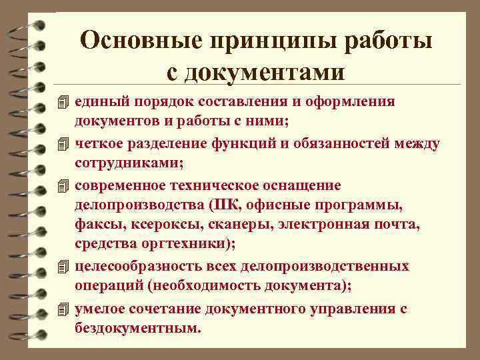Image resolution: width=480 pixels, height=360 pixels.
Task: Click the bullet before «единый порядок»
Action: pos(63,102)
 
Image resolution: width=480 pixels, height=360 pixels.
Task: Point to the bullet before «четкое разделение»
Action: pos(63,143)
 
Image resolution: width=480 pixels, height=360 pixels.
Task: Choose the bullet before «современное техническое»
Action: pos(63,185)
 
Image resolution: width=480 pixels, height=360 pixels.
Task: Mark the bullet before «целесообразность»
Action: pos(63,267)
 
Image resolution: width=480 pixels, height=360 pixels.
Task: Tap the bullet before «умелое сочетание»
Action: pos(63,309)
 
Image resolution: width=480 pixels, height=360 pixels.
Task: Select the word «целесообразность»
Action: pos(132,267)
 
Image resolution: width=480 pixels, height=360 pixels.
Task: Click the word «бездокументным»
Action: pos(136,328)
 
